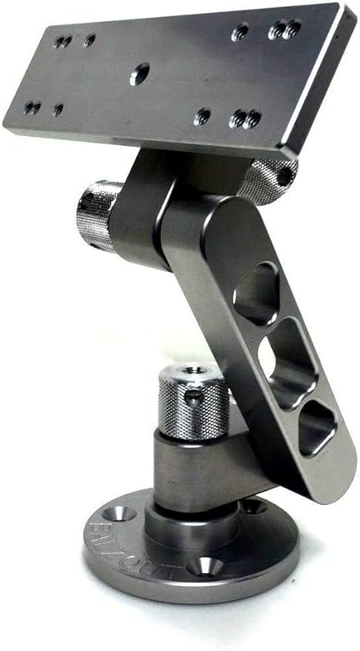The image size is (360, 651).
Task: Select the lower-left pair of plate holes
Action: click(x=32, y=107)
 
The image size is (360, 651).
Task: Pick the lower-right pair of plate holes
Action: click(x=246, y=119)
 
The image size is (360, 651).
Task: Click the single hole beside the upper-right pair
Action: click(x=241, y=32)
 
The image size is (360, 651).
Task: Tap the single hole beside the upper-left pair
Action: click(x=90, y=39)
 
